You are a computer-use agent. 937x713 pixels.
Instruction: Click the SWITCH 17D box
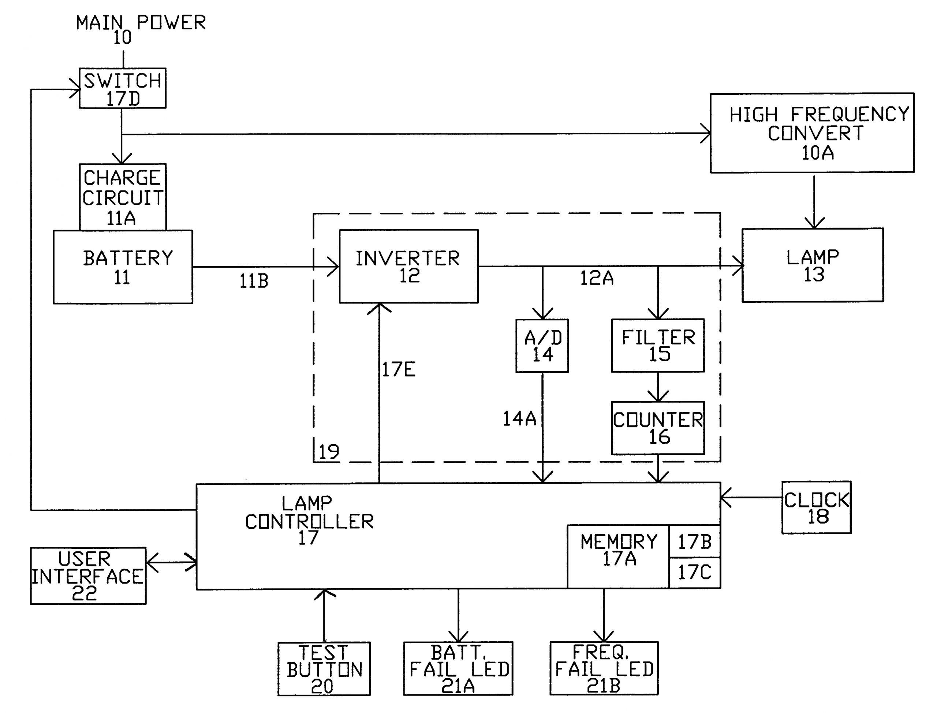[122, 88]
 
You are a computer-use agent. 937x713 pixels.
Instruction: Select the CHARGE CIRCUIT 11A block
[123, 197]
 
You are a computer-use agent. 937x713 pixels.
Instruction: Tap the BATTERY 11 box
[123, 267]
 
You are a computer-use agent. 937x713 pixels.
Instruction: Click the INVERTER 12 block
[408, 267]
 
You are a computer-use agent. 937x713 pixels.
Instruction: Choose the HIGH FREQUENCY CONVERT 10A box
[812, 133]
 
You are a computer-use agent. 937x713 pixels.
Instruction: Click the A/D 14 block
[542, 346]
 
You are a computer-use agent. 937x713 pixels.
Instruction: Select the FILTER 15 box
[657, 346]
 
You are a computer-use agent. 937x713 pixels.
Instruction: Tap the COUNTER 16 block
[657, 428]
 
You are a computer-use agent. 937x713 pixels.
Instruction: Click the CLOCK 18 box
[816, 507]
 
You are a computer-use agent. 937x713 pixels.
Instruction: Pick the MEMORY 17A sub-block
[618, 557]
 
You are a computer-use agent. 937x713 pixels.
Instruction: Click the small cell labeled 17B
[694, 542]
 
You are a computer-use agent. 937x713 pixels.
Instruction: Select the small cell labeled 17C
[694, 573]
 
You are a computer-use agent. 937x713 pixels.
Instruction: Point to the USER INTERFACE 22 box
[88, 576]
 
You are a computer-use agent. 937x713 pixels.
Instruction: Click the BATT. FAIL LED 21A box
[458, 669]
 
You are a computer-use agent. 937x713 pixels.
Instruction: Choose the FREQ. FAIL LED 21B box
[604, 669]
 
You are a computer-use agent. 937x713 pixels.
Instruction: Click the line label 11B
[254, 281]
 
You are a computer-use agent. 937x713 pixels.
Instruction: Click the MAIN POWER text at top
[141, 23]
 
